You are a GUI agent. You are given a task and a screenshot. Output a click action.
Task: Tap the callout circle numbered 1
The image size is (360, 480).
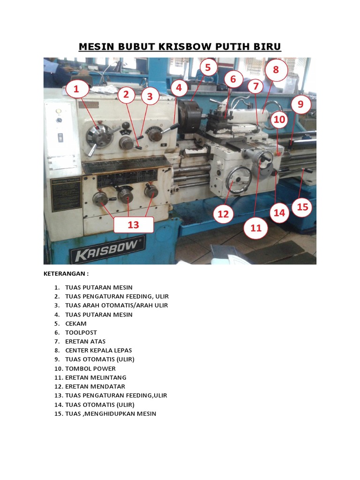click(x=76, y=89)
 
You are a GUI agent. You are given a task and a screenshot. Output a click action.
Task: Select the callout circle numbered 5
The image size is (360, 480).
click(x=208, y=67)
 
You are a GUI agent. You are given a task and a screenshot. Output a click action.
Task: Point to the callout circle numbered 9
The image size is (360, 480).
click(x=300, y=104)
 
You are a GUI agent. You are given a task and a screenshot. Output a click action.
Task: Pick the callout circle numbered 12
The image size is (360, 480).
click(x=223, y=214)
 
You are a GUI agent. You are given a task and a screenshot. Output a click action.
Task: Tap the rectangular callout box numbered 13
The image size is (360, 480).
click(x=134, y=225)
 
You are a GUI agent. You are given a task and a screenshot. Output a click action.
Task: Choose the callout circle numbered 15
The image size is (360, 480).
click(x=302, y=207)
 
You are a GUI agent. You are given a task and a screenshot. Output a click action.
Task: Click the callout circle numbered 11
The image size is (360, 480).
click(x=256, y=228)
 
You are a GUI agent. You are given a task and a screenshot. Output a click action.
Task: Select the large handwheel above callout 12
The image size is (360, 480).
click(x=239, y=180)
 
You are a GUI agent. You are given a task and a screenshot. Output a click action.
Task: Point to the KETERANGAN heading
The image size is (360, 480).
click(x=66, y=274)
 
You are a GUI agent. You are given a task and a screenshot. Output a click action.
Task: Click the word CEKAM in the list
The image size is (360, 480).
click(x=76, y=323)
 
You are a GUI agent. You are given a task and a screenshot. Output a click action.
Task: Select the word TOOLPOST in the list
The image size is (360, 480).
click(x=81, y=332)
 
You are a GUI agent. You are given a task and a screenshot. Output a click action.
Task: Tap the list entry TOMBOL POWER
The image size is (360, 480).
click(x=90, y=368)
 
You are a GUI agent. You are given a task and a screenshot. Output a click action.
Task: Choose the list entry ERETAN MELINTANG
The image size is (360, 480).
click(x=96, y=377)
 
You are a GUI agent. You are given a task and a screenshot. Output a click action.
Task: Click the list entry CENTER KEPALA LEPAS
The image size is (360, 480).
click(x=98, y=350)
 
